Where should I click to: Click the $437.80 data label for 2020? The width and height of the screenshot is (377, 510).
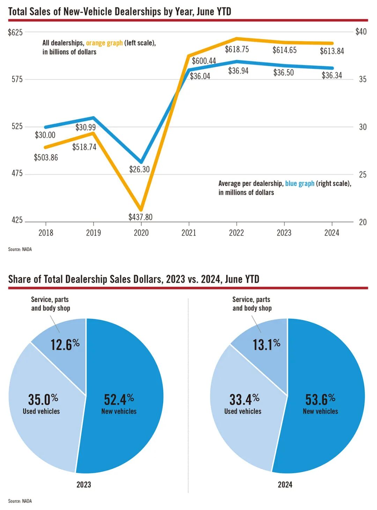[140, 217]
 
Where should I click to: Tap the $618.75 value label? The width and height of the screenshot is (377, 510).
[237, 49]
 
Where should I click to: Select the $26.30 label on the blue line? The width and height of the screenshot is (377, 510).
[139, 169]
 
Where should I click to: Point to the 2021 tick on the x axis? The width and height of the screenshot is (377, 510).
[188, 233]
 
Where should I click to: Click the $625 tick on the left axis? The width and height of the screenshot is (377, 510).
[15, 32]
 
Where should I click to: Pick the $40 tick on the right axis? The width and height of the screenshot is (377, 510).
[361, 32]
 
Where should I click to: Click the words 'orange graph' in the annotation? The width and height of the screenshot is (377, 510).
[104, 43]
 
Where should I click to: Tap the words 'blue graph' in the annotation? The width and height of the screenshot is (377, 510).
[300, 184]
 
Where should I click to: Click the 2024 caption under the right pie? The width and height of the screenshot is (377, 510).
[285, 485]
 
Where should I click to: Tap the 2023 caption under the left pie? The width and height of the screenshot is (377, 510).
[83, 485]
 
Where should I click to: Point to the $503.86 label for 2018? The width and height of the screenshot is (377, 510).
[46, 157]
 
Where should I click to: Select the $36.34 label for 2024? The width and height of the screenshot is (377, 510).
[332, 75]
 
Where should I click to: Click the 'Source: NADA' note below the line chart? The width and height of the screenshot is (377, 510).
[20, 249]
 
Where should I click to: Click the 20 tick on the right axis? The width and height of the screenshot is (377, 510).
[363, 222]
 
